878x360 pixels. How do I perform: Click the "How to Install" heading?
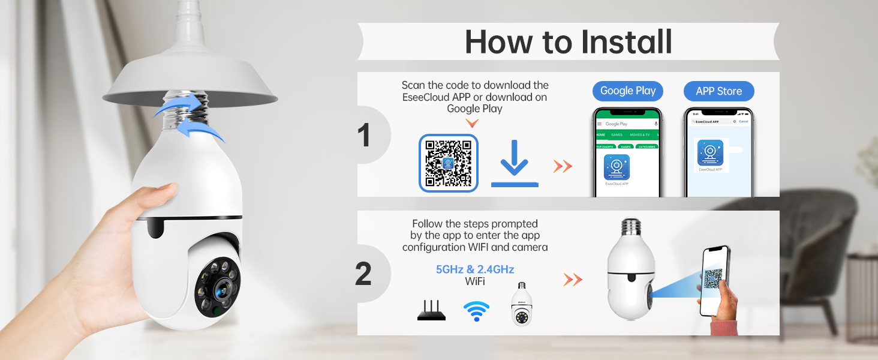pyautogui.click(x=568, y=41)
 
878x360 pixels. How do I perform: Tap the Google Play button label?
pyautogui.click(x=627, y=91)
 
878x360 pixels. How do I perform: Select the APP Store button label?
pyautogui.click(x=718, y=91)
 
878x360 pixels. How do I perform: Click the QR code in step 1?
pyautogui.click(x=449, y=163)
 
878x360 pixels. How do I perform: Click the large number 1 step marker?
pyautogui.click(x=363, y=135)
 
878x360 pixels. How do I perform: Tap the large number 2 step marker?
pyautogui.click(x=363, y=274)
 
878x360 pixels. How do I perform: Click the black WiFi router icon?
pyautogui.click(x=431, y=311)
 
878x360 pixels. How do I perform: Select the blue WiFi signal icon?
pyautogui.click(x=476, y=311)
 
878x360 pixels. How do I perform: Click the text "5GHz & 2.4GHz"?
pyautogui.click(x=474, y=269)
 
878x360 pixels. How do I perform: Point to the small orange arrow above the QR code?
pyautogui.click(x=473, y=123)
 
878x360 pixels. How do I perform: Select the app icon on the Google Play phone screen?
pyautogui.click(x=617, y=167)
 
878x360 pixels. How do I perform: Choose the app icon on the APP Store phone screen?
pyautogui.click(x=710, y=153)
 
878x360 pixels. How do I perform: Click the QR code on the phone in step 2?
pyautogui.click(x=712, y=278)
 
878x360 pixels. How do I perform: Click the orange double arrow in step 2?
pyautogui.click(x=573, y=279)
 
